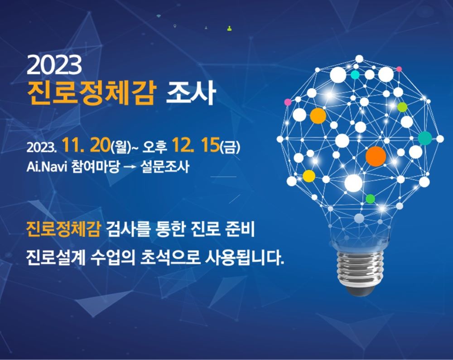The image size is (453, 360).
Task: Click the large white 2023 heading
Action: tap(54, 66)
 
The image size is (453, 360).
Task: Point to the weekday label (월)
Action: tap(121, 146)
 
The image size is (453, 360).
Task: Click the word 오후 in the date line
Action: tap(155, 146)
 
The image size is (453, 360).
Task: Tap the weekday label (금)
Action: tap(230, 146)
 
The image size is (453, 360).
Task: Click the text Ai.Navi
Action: tap(47, 167)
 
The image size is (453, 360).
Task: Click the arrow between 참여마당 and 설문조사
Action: tap(130, 167)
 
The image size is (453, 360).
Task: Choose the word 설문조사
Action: tap(164, 167)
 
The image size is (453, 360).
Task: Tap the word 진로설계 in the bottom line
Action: tap(55, 258)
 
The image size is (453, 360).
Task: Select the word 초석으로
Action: tap(170, 258)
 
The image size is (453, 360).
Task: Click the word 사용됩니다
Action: tap(245, 258)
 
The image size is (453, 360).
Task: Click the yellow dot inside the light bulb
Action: tap(309, 176)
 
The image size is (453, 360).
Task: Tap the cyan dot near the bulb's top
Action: tap(355, 75)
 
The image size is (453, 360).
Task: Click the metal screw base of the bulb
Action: tap(360, 268)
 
